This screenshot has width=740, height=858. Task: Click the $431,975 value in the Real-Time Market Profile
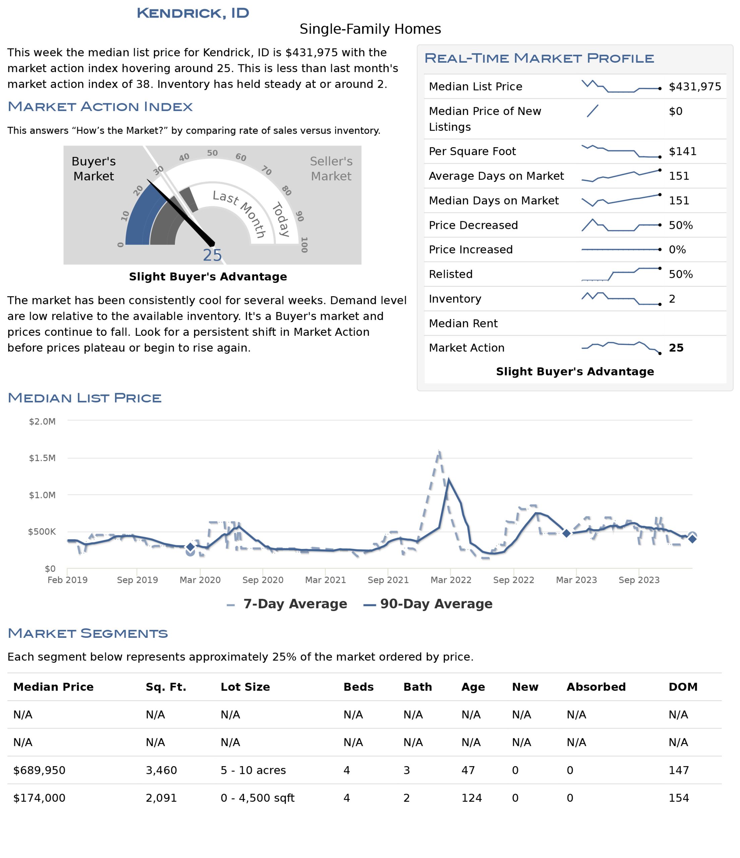pos(694,86)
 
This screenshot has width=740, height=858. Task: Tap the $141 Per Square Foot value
pos(682,151)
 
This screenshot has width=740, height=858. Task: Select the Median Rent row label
pos(463,323)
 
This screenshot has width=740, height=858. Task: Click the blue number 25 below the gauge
pos(212,255)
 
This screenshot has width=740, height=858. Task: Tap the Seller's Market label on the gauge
pos(331,169)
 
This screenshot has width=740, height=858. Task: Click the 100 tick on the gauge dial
pos(304,245)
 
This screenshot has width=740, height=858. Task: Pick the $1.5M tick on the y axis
pos(42,457)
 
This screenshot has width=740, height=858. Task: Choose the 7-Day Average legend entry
pos(287,604)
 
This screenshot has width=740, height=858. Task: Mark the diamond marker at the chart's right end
pos(692,539)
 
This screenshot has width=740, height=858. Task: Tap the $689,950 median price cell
pos(39,770)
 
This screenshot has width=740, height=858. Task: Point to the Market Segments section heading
pos(88,633)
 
